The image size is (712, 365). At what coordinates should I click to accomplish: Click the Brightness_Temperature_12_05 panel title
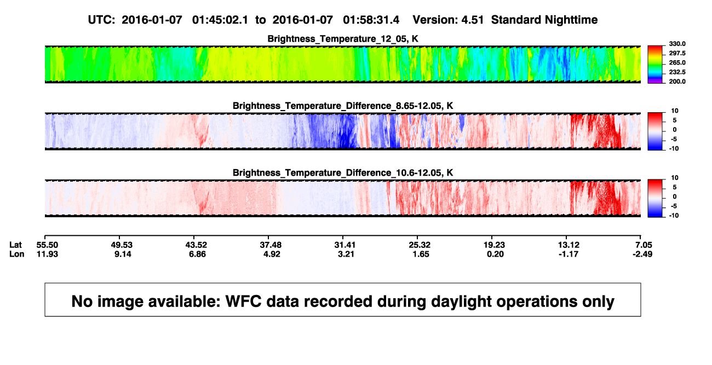click(343, 39)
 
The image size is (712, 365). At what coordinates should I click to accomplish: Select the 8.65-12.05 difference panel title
click(343, 106)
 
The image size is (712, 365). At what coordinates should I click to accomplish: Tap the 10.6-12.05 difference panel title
click(343, 173)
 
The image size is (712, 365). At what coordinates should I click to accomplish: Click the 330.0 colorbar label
click(677, 44)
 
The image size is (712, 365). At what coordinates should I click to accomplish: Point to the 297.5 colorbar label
click(677, 53)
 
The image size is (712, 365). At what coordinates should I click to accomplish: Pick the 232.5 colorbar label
click(677, 72)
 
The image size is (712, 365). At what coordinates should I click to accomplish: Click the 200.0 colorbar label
click(677, 82)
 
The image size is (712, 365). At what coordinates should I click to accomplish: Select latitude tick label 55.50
click(47, 245)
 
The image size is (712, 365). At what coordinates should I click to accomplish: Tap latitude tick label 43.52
click(196, 245)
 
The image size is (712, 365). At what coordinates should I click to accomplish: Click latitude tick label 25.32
click(420, 245)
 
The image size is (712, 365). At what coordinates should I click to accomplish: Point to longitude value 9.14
click(123, 254)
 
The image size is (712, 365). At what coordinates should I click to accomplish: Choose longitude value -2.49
click(642, 254)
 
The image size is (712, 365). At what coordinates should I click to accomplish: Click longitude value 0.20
click(495, 254)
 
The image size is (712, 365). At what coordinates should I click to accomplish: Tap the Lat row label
click(15, 245)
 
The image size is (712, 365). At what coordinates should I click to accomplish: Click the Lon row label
click(16, 254)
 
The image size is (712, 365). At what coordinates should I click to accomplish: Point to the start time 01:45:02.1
click(220, 20)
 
